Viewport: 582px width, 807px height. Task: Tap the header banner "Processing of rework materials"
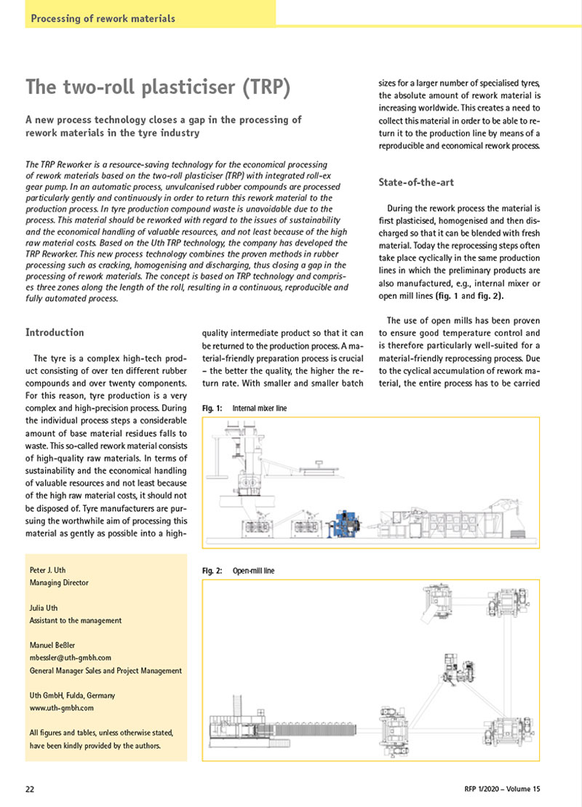[x=103, y=18]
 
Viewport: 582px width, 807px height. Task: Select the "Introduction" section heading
[x=55, y=332]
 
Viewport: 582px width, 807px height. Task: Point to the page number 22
[x=31, y=789]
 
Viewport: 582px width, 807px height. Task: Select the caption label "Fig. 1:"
[x=212, y=409]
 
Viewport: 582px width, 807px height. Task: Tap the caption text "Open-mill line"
[x=253, y=571]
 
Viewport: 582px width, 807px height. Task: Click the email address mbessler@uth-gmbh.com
[x=70, y=657]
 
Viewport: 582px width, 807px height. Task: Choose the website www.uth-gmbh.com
[x=61, y=707]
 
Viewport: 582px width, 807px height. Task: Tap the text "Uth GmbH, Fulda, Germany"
[x=72, y=695]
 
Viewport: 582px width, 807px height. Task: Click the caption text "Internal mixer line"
[x=260, y=409]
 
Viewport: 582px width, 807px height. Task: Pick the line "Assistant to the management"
[x=76, y=620]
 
